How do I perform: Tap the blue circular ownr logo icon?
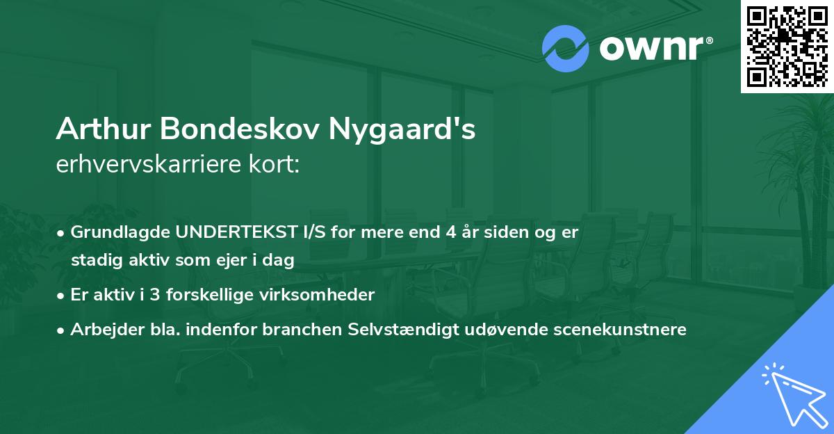pyautogui.click(x=564, y=49)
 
